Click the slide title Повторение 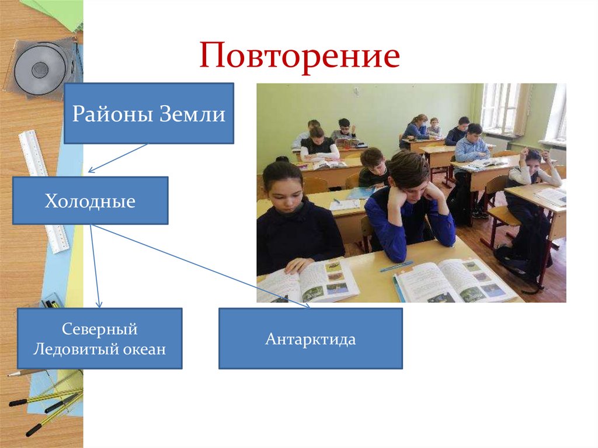[300, 57]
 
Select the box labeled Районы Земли [148, 113]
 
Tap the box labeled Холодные [90, 202]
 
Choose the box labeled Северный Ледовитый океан [99, 339]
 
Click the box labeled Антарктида [310, 339]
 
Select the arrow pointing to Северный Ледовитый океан [95, 266]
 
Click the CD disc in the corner [40, 68]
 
